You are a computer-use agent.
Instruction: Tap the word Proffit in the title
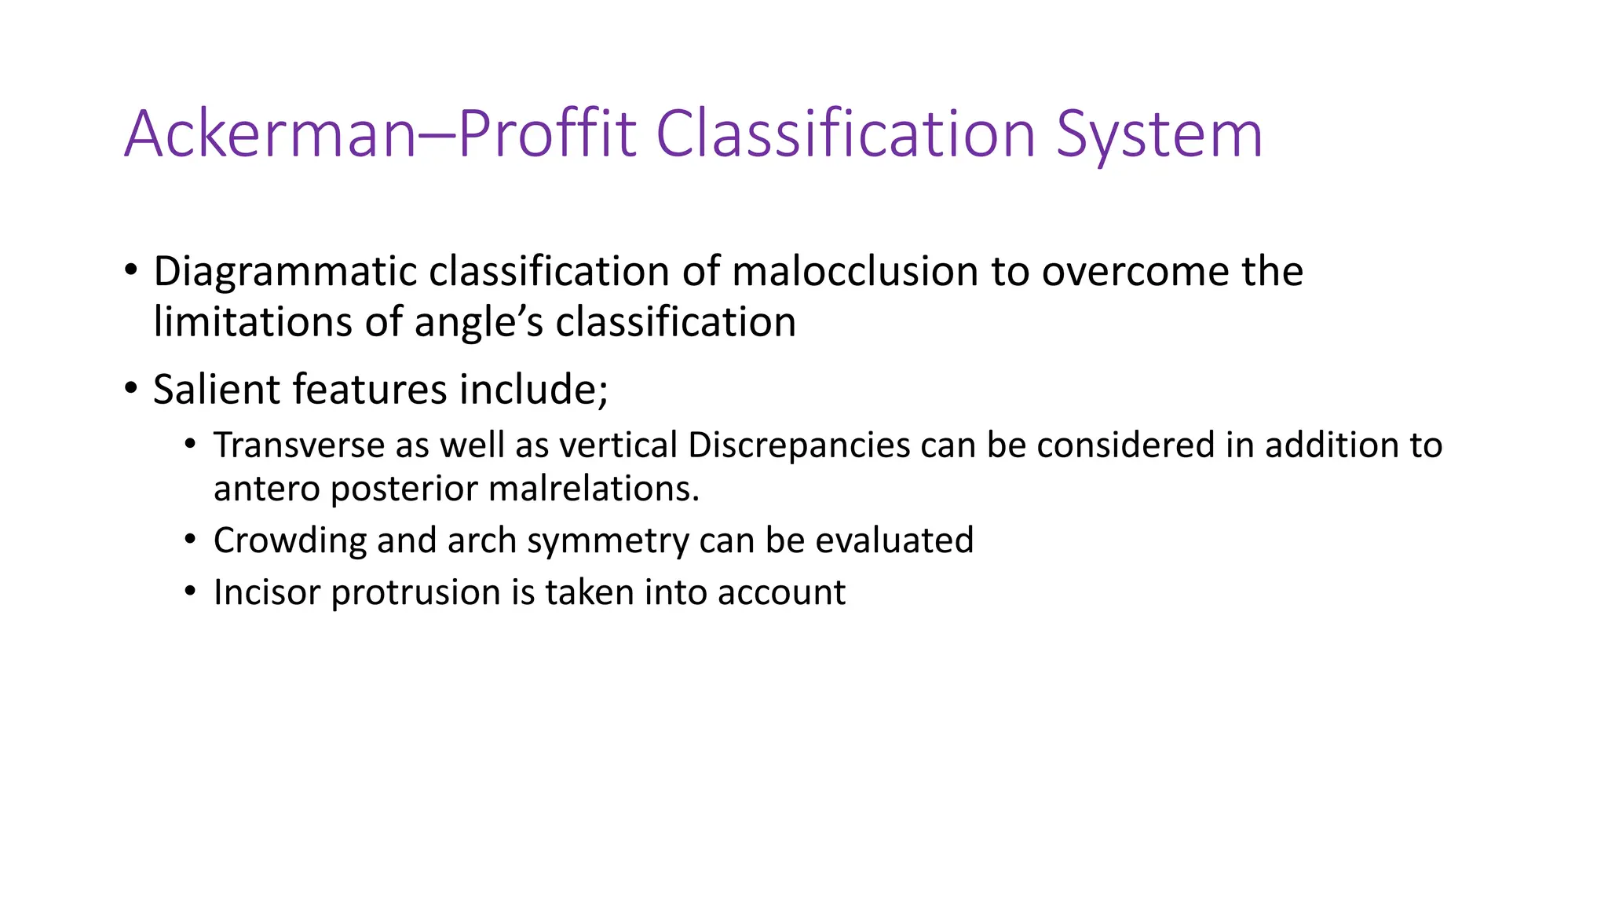(546, 134)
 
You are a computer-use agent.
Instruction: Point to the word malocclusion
(854, 271)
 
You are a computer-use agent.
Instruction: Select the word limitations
(253, 322)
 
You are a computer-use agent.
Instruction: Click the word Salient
(216, 390)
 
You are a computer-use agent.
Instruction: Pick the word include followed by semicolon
(534, 390)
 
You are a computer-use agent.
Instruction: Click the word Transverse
(298, 445)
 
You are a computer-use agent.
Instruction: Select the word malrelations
(594, 489)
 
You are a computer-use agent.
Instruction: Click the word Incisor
(266, 592)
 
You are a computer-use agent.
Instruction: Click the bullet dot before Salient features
(131, 388)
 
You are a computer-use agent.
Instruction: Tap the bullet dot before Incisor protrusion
(189, 591)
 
